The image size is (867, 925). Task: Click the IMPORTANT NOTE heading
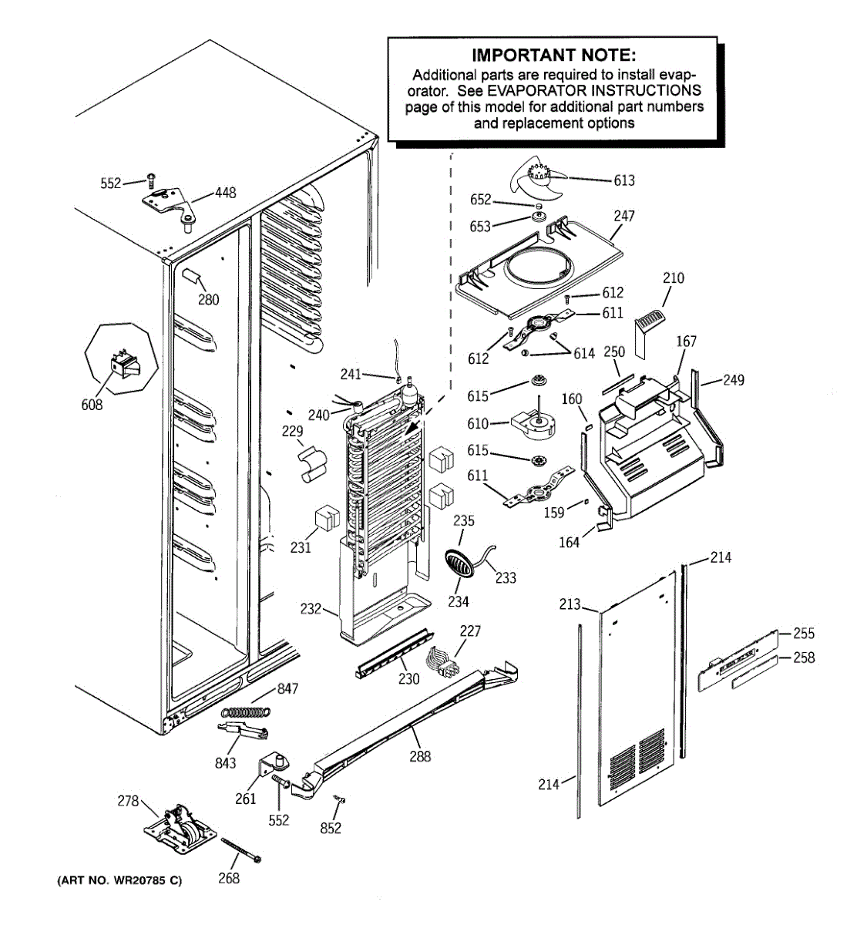[x=553, y=55]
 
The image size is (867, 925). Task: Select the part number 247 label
[x=623, y=216]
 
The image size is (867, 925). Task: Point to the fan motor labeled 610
[x=534, y=424]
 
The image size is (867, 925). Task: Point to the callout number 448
[x=226, y=193]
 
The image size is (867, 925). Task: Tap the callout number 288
[x=420, y=756]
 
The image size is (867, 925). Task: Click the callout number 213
[x=570, y=604]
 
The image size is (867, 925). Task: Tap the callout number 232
[x=311, y=609]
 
